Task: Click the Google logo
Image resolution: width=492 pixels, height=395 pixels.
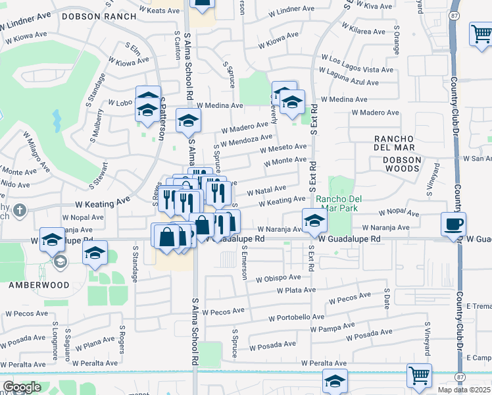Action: (x=22, y=387)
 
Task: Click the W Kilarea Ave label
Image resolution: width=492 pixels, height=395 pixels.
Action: (x=358, y=32)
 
